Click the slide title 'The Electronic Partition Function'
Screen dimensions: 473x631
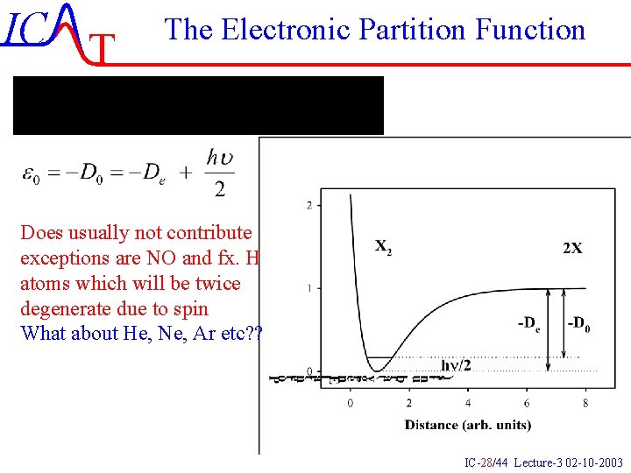tap(374, 30)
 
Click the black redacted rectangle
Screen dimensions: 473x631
tap(198, 105)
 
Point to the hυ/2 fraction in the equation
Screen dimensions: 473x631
tap(219, 173)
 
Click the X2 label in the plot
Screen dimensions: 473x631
tap(384, 247)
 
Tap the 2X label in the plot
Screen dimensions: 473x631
tap(571, 248)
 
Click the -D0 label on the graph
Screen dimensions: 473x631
tap(579, 324)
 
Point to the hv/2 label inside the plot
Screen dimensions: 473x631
tap(455, 364)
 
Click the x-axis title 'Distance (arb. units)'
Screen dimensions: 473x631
tap(467, 425)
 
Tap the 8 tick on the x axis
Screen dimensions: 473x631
tap(585, 403)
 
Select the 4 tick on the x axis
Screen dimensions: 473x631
tap(467, 403)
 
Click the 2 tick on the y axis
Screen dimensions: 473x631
tap(308, 205)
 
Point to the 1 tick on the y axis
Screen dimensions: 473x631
tap(308, 288)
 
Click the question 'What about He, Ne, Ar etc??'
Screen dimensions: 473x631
tap(140, 333)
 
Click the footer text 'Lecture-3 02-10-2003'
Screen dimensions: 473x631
tap(568, 462)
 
